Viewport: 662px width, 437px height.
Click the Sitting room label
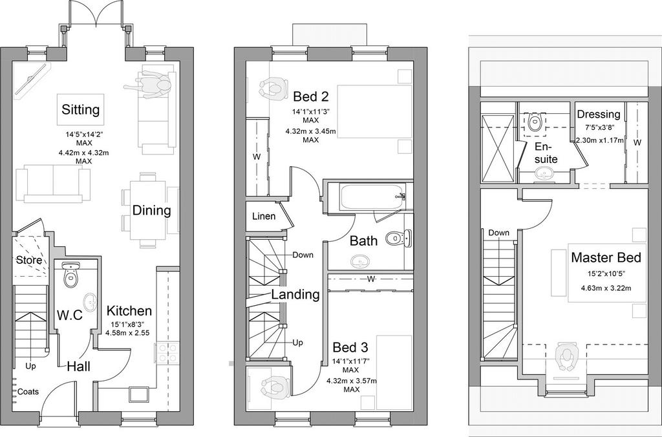81,110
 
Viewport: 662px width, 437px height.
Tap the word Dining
151,210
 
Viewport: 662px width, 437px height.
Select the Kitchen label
129,311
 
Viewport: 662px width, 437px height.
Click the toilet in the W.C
70,274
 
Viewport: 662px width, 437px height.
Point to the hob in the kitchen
167,352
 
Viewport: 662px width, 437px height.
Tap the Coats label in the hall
28,392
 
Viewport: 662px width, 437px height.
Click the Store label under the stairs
29,260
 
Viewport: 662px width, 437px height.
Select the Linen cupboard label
264,216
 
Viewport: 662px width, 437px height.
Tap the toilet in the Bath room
398,238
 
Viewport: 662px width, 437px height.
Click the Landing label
295,294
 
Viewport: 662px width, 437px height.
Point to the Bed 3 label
350,348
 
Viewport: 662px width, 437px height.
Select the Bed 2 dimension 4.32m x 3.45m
311,131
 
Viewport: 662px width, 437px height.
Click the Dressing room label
599,114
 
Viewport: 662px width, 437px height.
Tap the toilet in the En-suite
535,123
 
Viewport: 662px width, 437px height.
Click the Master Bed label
606,257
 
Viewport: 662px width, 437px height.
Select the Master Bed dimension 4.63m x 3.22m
606,289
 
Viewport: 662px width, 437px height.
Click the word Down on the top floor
499,233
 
